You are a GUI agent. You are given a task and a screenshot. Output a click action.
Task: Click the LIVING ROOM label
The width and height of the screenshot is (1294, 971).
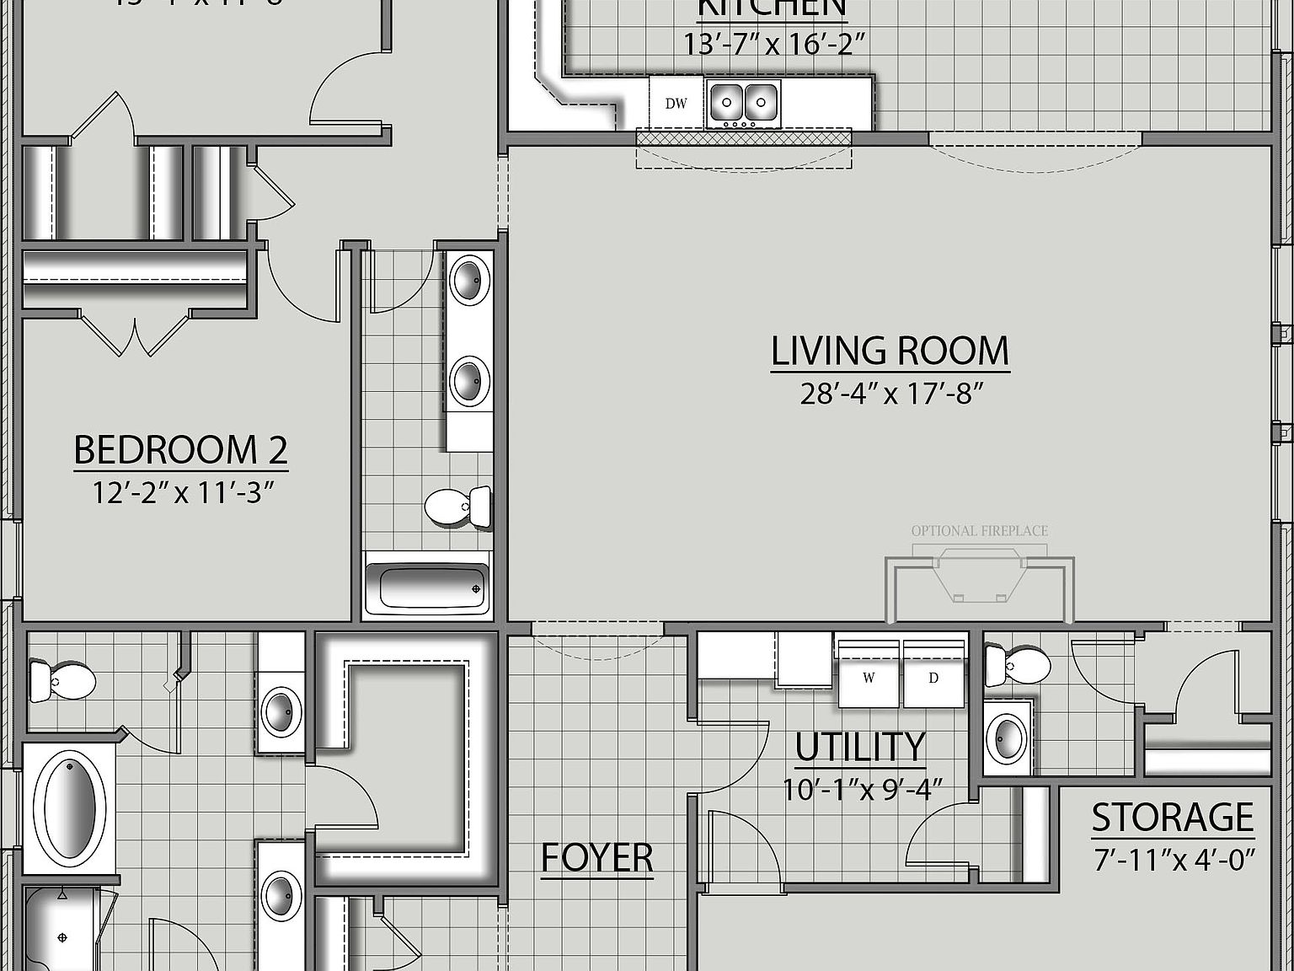[890, 351]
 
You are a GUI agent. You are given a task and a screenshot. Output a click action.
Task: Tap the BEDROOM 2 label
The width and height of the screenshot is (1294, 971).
[180, 450]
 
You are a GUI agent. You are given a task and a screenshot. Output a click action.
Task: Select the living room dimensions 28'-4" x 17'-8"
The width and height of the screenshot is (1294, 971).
[891, 394]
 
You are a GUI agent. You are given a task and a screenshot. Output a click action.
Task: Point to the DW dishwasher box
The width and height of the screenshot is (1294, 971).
[676, 104]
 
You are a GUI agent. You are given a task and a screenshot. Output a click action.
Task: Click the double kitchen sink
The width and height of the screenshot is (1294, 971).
[744, 103]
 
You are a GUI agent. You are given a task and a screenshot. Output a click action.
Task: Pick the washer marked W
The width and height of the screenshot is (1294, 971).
[869, 677]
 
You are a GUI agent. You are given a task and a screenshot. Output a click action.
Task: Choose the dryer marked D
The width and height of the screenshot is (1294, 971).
[933, 677]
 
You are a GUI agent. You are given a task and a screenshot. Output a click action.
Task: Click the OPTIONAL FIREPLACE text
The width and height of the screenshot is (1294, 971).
[980, 531]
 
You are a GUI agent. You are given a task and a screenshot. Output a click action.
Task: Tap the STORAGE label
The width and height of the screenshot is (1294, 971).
[1173, 818]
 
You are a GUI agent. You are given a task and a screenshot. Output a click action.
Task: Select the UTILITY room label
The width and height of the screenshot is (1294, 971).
[860, 747]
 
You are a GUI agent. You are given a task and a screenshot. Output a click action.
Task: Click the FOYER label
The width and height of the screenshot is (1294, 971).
[596, 858]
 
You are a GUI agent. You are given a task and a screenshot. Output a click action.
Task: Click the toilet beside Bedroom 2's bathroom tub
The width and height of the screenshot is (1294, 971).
[458, 507]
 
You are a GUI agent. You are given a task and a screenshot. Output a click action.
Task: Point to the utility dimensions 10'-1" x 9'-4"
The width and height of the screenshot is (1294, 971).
[862, 789]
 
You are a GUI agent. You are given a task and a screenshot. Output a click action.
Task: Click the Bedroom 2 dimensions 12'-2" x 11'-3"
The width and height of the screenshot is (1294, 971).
[184, 492]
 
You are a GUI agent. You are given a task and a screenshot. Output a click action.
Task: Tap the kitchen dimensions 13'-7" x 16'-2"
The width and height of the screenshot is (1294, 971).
[774, 44]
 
